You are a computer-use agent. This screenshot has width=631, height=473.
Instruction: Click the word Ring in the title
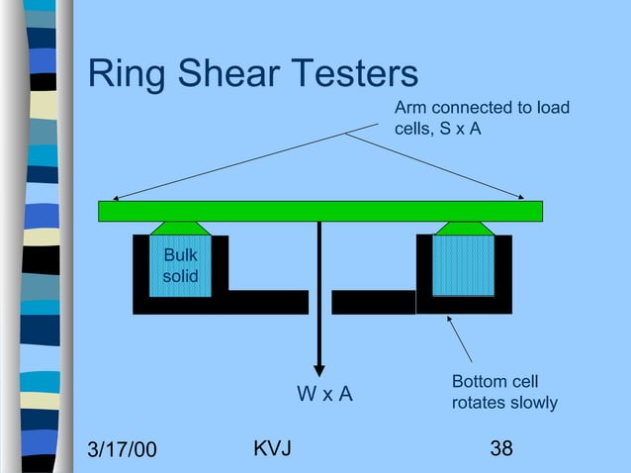(x=127, y=74)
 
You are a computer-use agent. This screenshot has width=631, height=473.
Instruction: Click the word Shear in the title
(x=228, y=72)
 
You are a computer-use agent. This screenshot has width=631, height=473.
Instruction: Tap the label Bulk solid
(x=181, y=265)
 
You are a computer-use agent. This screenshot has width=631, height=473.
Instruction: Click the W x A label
(x=324, y=393)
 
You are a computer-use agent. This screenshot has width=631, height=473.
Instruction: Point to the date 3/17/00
(x=122, y=449)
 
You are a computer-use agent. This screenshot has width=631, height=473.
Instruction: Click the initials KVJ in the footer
(x=272, y=448)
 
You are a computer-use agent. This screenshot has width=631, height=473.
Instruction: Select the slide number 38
(x=501, y=448)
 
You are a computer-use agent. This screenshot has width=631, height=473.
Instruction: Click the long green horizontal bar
(x=320, y=212)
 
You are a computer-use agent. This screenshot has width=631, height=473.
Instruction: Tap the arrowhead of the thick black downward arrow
(x=319, y=370)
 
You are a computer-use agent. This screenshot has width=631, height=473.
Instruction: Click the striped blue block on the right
(x=464, y=265)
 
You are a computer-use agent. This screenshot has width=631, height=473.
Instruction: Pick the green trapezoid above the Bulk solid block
(x=180, y=229)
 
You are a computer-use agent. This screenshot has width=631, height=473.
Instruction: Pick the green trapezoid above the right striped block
(x=465, y=229)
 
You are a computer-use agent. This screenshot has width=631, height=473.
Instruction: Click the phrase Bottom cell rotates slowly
(x=504, y=392)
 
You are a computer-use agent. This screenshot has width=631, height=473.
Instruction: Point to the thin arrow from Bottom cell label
(x=460, y=339)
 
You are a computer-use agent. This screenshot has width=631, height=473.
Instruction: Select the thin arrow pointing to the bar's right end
(x=434, y=166)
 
